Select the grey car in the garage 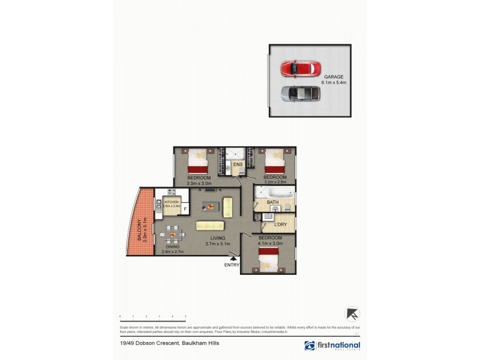(x=301, y=93)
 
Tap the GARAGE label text (x=334, y=77)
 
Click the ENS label (x=238, y=164)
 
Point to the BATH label (x=272, y=202)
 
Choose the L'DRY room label (x=280, y=224)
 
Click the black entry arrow (x=233, y=259)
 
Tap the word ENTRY (x=232, y=265)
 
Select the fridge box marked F (x=185, y=209)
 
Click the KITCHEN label (x=172, y=202)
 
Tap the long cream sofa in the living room (x=210, y=225)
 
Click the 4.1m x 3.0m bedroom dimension (x=269, y=243)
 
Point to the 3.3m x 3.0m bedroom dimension (x=199, y=184)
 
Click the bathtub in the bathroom (x=275, y=194)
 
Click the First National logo (x=332, y=346)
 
